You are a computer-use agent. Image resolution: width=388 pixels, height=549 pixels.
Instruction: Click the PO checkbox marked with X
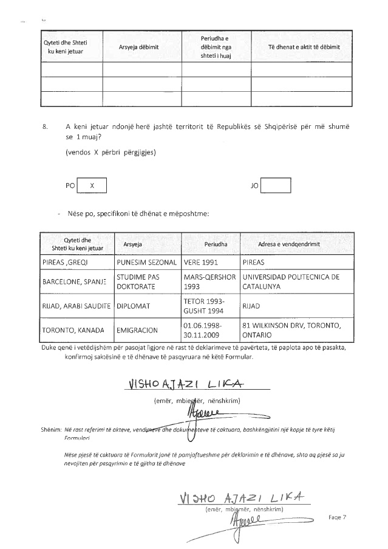click(92, 185)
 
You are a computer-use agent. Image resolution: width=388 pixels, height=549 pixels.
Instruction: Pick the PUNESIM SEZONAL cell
click(146, 263)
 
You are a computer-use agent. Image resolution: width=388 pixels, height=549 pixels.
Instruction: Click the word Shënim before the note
click(51, 429)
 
